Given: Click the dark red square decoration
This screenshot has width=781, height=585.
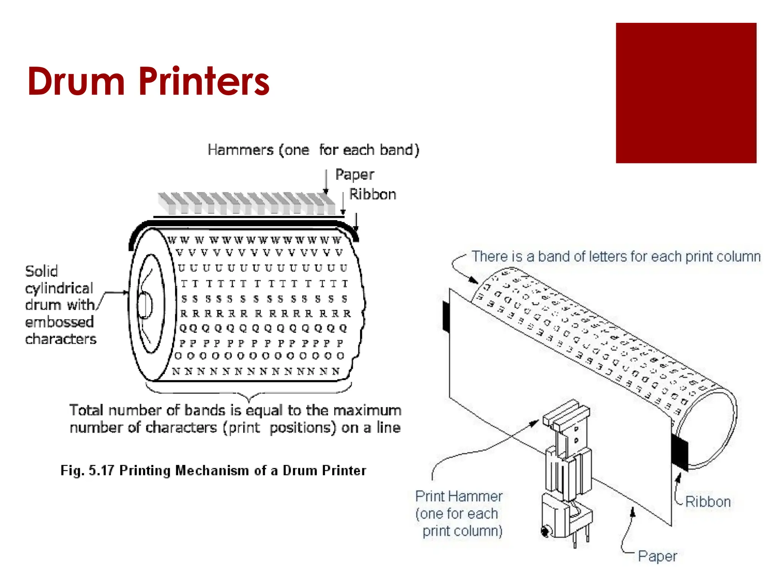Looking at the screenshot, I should (x=686, y=93).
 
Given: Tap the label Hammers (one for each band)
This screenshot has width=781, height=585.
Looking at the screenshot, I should (x=313, y=150).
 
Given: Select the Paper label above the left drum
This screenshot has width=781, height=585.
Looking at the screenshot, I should (x=355, y=174).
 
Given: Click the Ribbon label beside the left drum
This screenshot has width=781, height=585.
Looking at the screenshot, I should (x=373, y=194).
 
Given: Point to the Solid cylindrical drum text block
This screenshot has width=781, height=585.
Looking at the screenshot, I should (x=60, y=305).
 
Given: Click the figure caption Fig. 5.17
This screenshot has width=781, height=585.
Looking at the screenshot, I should (x=213, y=470).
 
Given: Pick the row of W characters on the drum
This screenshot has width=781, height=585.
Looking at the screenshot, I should (x=255, y=240).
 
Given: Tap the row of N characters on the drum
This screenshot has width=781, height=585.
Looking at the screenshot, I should (x=256, y=371).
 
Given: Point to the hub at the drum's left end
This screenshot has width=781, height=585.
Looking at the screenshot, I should (x=145, y=305).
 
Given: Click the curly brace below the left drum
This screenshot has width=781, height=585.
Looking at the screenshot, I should (x=249, y=392).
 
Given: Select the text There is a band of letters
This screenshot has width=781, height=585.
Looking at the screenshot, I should (x=616, y=257).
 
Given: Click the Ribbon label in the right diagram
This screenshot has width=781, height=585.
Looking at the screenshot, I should (x=708, y=502).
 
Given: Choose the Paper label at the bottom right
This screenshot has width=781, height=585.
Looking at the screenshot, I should (x=657, y=556).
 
